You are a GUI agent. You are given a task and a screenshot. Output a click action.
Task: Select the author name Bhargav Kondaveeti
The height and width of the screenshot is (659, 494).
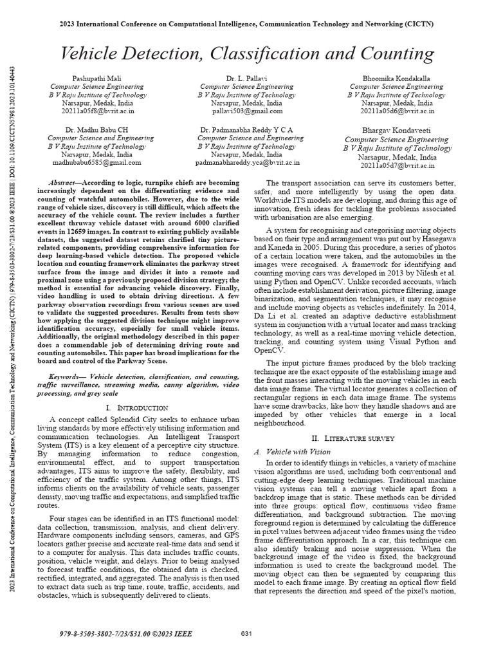click(x=396, y=131)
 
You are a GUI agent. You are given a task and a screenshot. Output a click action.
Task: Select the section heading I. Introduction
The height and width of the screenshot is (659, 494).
click(x=136, y=407)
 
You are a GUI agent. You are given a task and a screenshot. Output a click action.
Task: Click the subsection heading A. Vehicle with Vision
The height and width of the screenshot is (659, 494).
click(x=289, y=452)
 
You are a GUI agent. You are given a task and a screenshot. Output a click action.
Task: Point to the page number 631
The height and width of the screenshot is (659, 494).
click(x=245, y=634)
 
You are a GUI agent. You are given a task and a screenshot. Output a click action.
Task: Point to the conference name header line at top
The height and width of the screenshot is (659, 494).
click(x=247, y=24)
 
